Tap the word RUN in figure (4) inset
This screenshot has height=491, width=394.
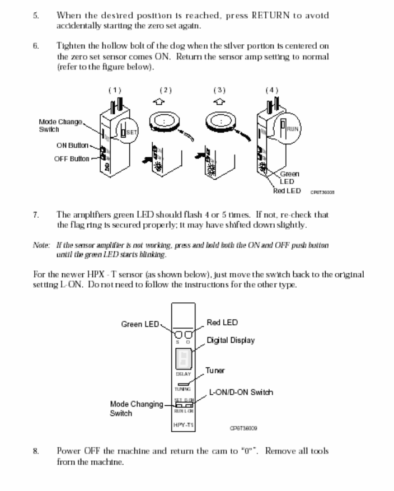click(293, 128)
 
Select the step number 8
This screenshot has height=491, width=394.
click(35, 451)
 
